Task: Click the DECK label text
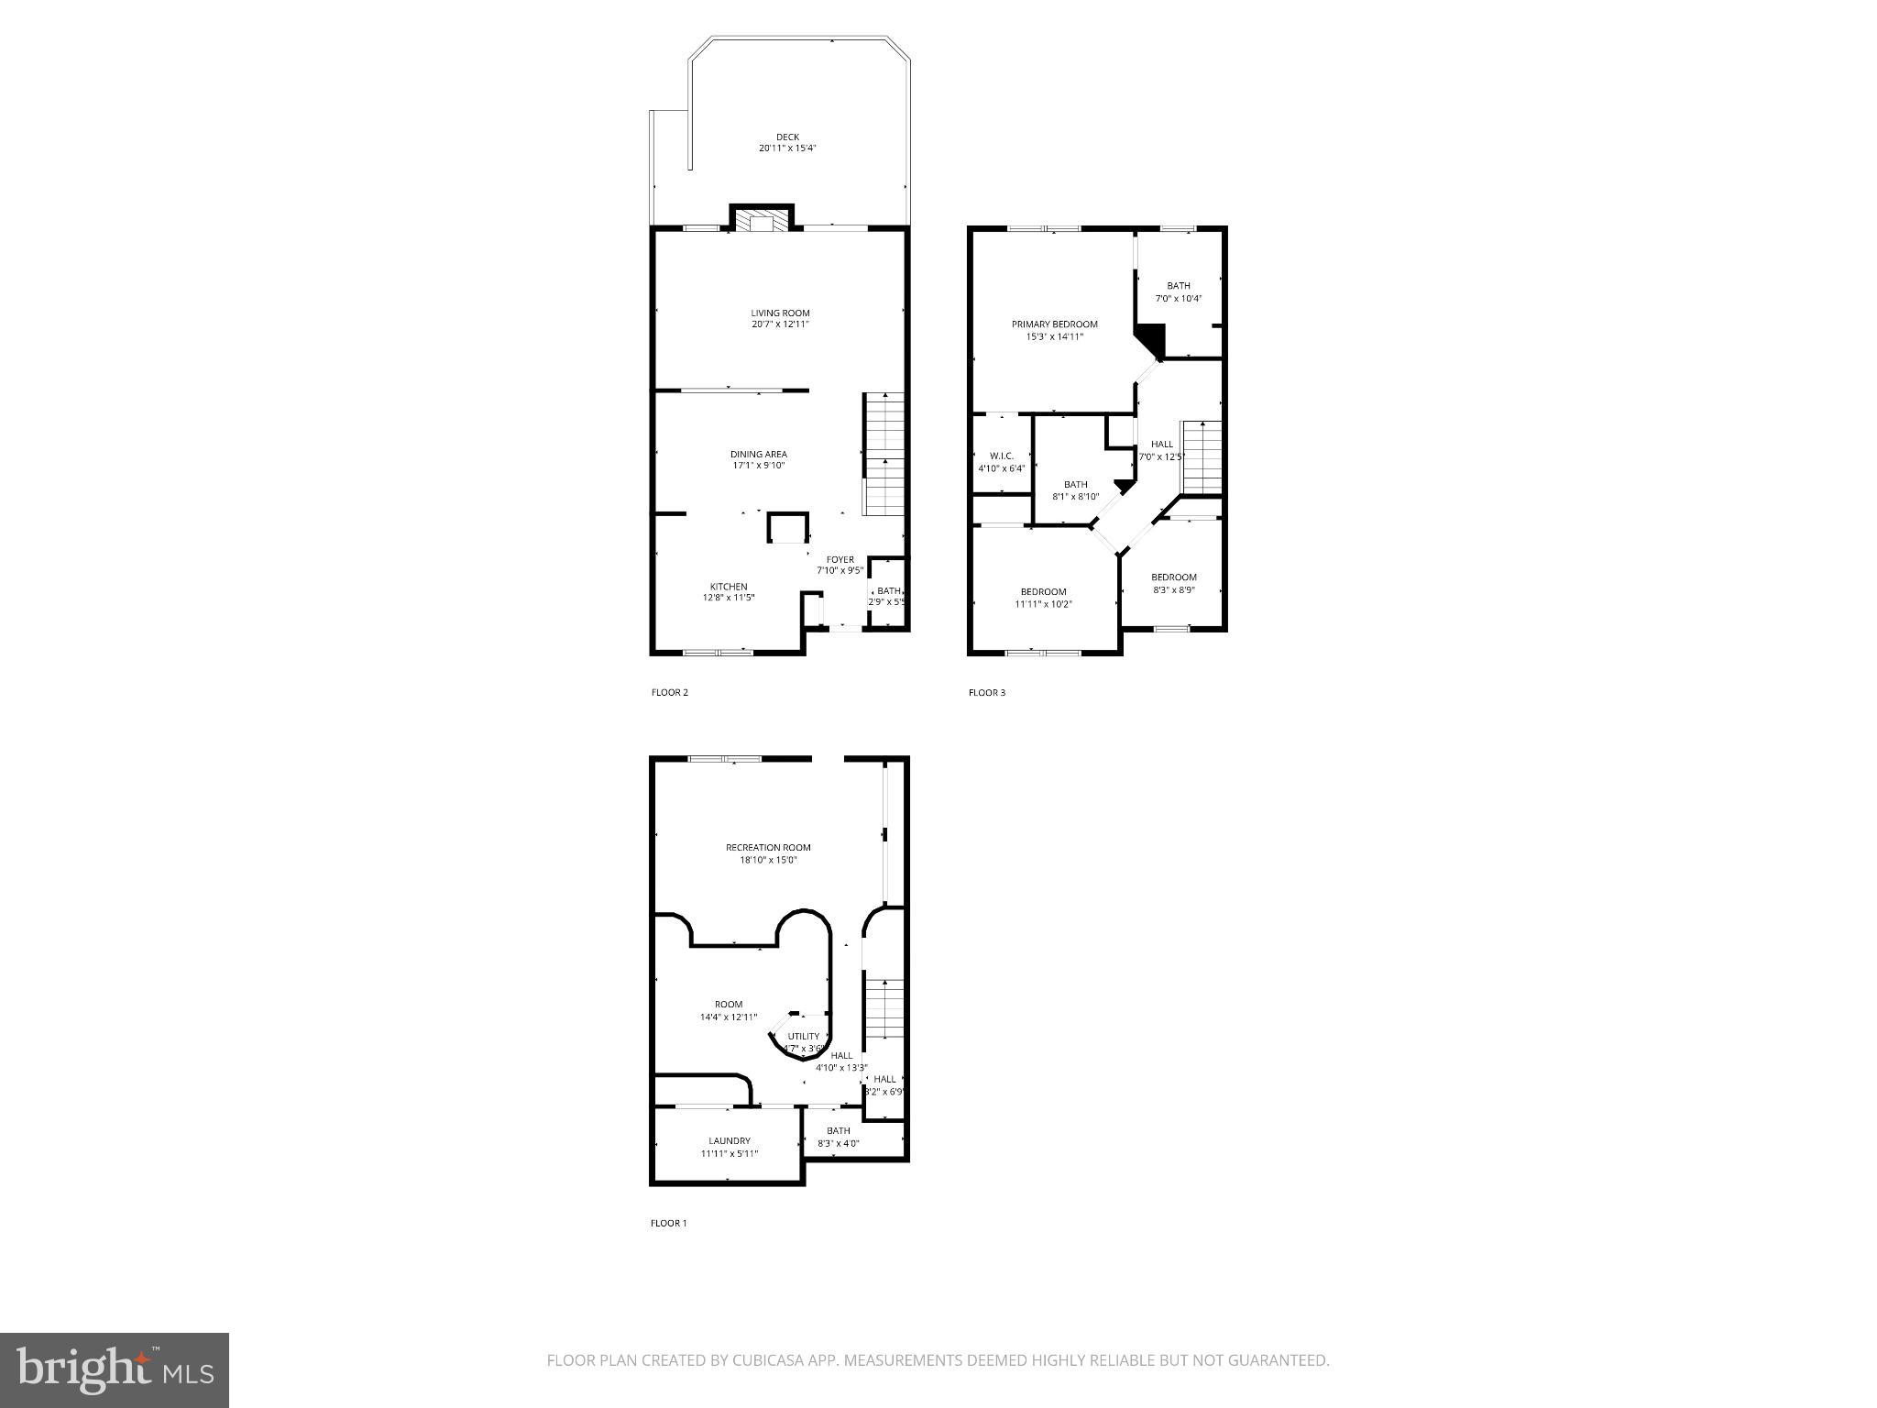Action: (787, 137)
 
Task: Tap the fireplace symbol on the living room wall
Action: (760, 221)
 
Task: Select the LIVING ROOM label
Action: (780, 313)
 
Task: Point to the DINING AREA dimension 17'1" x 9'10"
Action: (758, 466)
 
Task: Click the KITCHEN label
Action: (729, 587)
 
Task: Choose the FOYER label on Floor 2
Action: (840, 560)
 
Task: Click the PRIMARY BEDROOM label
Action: (1054, 324)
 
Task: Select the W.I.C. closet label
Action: (1001, 456)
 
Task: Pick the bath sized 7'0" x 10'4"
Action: (1178, 291)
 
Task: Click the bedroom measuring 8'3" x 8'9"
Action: (1173, 583)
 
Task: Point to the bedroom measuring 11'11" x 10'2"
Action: (1043, 597)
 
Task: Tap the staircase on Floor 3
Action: (1202, 456)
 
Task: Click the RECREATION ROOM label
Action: (768, 848)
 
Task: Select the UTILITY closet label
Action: (804, 1037)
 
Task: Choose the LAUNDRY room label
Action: (729, 1141)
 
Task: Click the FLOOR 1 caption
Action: (668, 1223)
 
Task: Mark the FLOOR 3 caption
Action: (987, 692)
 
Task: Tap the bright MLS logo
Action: (115, 1369)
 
